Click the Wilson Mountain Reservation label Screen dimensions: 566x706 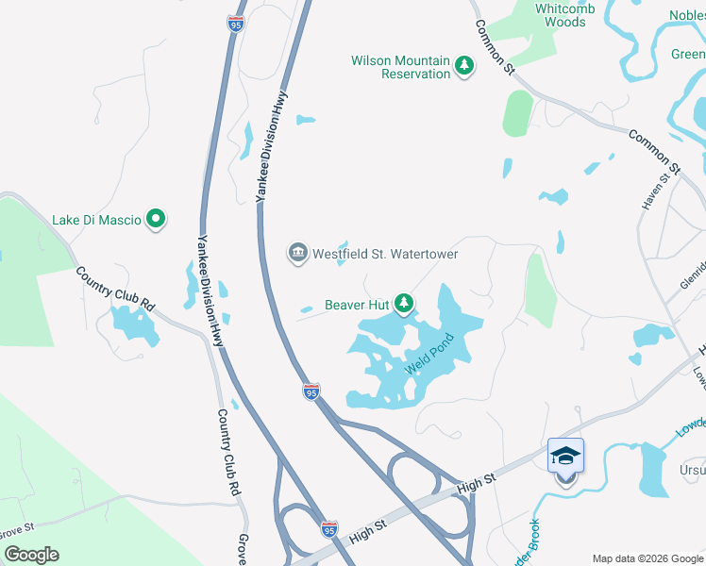click(x=401, y=66)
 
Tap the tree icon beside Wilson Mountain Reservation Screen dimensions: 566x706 click(x=463, y=65)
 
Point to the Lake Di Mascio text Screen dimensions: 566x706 click(x=96, y=220)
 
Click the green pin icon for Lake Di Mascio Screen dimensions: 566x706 click(x=157, y=220)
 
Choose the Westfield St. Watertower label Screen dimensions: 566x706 click(x=385, y=254)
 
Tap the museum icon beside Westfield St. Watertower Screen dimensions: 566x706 click(x=297, y=253)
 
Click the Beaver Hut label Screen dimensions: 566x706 click(x=357, y=304)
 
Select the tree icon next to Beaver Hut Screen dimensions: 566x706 click(x=404, y=303)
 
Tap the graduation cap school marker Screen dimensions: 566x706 click(x=565, y=456)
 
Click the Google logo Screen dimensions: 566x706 click(x=31, y=555)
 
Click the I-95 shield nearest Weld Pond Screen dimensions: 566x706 click(x=311, y=390)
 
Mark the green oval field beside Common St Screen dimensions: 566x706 click(x=517, y=114)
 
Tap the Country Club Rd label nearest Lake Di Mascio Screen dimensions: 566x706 click(x=115, y=287)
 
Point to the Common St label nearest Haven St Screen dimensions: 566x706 click(x=650, y=148)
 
